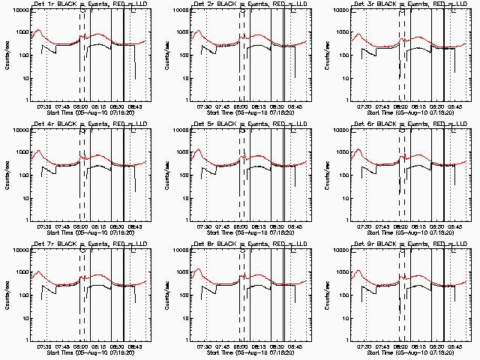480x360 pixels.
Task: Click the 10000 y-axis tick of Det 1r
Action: click(19, 11)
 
